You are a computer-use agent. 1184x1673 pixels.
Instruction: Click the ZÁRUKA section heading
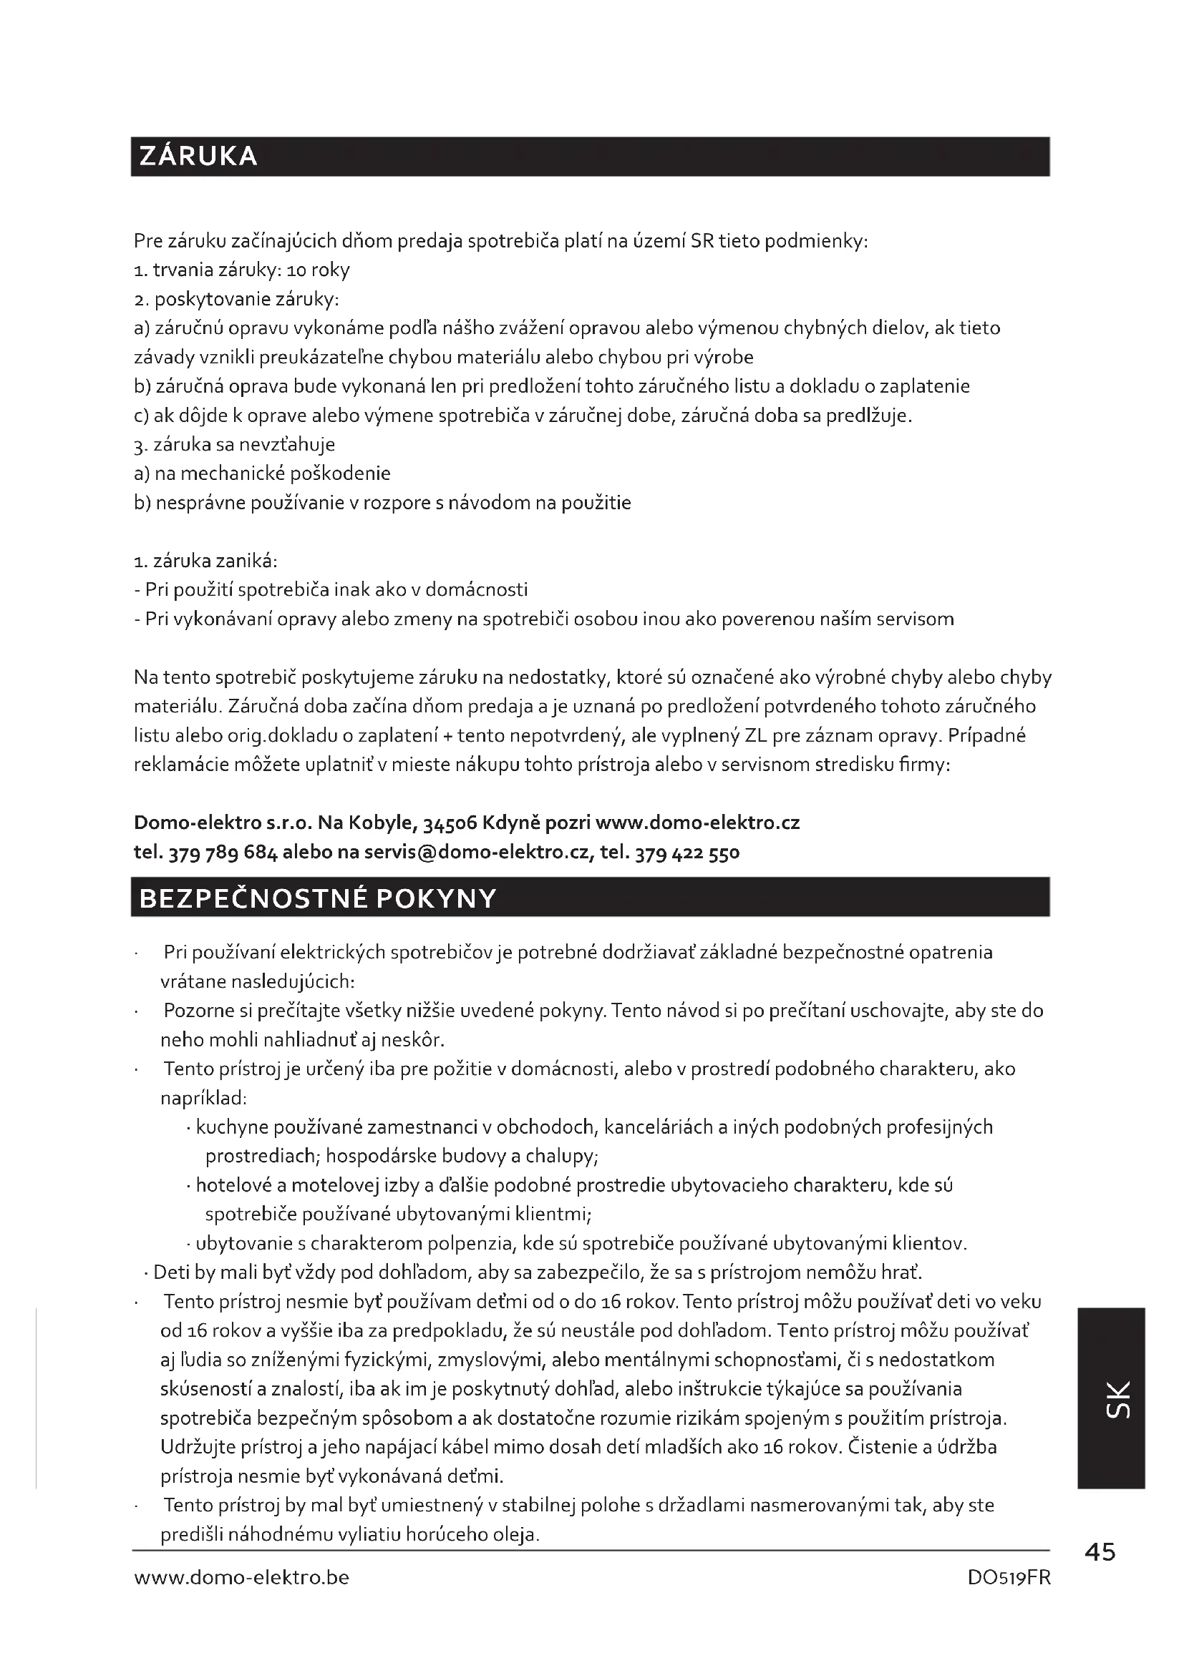click(198, 157)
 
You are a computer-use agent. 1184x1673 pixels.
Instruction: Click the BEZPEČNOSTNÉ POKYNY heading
click(317, 898)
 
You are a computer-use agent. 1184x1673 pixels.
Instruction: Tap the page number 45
click(1100, 1552)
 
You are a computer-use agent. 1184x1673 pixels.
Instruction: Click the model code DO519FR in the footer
click(1009, 1578)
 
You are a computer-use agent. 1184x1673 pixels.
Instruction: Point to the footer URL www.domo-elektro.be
click(241, 1578)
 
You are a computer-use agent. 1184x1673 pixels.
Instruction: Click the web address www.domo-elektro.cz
click(698, 823)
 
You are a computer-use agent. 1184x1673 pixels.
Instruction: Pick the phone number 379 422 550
click(687, 853)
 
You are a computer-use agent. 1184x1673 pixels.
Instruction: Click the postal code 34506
click(450, 823)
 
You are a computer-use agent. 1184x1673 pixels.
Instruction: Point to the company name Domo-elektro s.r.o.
click(223, 823)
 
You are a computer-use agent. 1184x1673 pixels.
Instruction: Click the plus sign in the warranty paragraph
click(447, 736)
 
